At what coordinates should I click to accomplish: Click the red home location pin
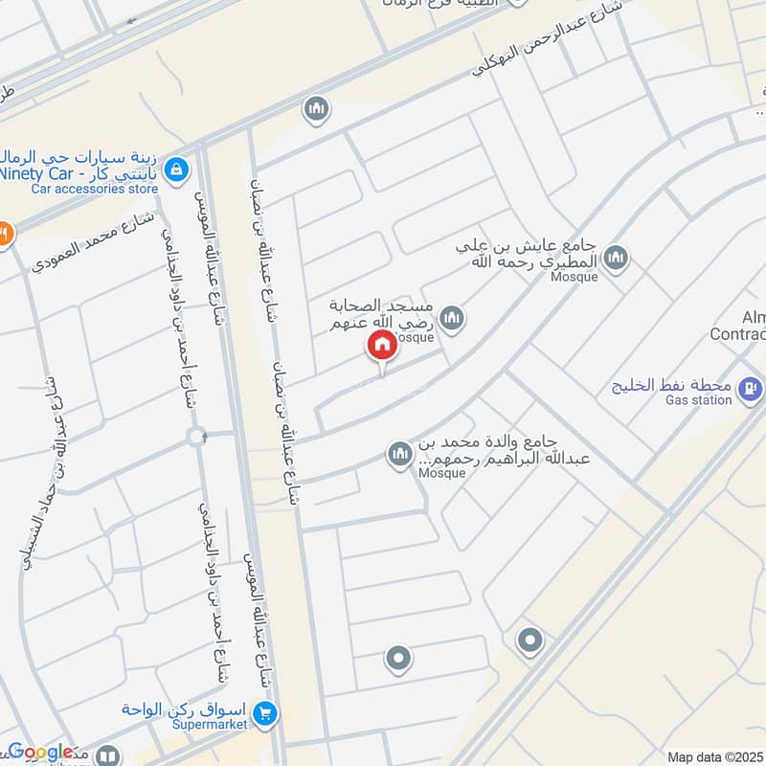pos(381,346)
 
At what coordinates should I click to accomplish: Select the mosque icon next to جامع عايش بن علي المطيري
pos(618,257)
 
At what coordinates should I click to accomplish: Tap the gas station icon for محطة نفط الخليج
pos(752,387)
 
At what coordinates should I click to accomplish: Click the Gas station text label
pos(699,400)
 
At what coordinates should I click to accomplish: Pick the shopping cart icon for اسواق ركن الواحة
pos(266,711)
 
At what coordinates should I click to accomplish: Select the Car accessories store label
pos(94,189)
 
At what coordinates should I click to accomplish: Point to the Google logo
pos(40,753)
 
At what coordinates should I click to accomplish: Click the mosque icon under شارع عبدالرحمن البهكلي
pos(316,110)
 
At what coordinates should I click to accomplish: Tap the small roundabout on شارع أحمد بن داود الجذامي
pos(197,437)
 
